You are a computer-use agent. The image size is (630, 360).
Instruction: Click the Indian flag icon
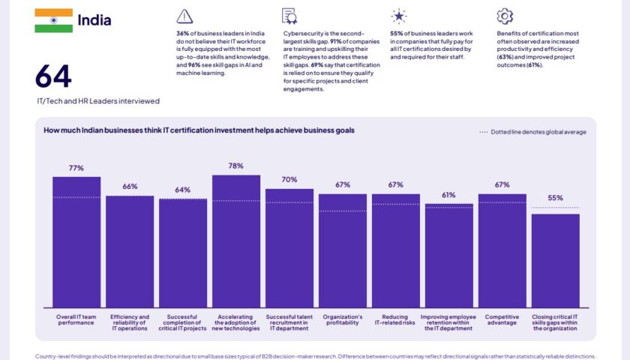click(x=53, y=20)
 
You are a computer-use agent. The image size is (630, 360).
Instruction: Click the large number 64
click(x=53, y=77)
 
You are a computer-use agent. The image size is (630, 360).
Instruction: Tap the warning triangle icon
click(x=184, y=16)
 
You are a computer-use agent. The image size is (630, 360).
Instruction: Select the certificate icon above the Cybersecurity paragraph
click(x=289, y=16)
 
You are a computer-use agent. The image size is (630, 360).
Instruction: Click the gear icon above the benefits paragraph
click(x=505, y=16)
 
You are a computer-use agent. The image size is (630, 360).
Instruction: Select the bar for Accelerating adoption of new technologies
click(x=236, y=241)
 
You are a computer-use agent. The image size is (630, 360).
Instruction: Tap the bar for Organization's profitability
click(x=343, y=250)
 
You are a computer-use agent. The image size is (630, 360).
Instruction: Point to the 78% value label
click(x=236, y=166)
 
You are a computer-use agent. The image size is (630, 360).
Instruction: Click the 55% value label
click(x=556, y=198)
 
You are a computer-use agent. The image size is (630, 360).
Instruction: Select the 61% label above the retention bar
click(x=448, y=195)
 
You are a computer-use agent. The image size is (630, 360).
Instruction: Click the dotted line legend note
click(x=532, y=132)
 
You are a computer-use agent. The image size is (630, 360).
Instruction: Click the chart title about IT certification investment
click(x=199, y=130)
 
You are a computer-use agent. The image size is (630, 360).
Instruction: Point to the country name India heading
click(x=94, y=20)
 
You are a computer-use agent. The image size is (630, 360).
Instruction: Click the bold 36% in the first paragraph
click(x=183, y=34)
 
